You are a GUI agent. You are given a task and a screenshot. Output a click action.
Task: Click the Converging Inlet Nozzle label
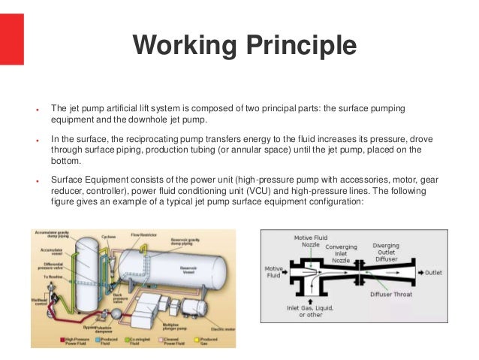[x=342, y=253]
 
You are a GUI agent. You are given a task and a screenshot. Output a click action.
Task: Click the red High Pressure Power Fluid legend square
[x=63, y=340]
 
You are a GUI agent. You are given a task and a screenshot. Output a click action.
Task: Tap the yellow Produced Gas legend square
[x=197, y=340]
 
